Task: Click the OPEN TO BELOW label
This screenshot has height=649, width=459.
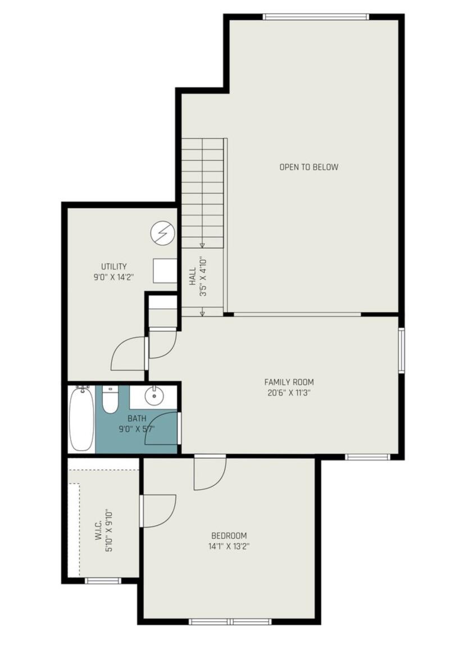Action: (x=309, y=167)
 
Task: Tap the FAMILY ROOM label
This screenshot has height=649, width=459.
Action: (x=289, y=382)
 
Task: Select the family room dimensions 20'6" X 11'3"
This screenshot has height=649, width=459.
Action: (x=289, y=393)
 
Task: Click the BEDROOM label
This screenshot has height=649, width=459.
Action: (x=229, y=535)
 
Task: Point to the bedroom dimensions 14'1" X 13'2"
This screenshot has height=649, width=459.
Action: (x=229, y=546)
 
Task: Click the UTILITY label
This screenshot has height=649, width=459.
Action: (x=113, y=267)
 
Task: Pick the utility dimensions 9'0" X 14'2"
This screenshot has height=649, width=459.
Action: (x=113, y=277)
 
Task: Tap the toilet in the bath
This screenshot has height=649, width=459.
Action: (x=110, y=400)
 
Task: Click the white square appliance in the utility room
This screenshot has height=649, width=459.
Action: (x=165, y=271)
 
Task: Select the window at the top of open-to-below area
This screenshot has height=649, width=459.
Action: (x=316, y=17)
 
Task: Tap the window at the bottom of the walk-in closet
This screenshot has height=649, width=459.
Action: (x=103, y=580)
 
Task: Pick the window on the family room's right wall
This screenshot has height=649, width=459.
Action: (x=401, y=350)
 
